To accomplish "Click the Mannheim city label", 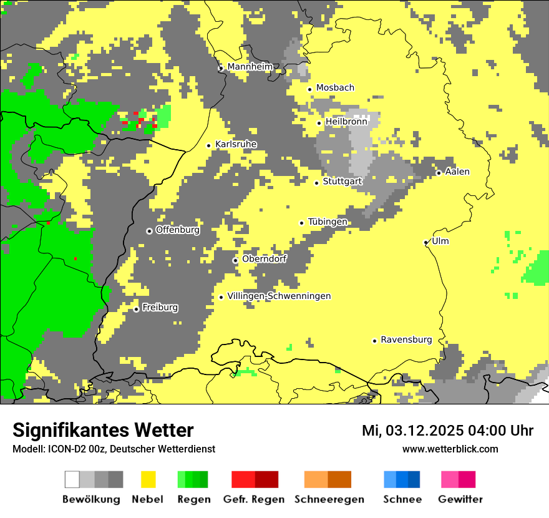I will (x=250, y=67).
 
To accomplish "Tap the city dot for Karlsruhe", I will (x=209, y=145).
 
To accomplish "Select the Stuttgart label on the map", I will (x=343, y=181).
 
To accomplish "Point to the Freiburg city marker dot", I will (x=136, y=309).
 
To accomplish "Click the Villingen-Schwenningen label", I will (x=279, y=296).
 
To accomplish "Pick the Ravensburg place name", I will (x=406, y=340).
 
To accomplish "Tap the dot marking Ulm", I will (x=426, y=242).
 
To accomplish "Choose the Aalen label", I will (x=457, y=172).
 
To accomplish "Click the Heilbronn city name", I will (x=346, y=122).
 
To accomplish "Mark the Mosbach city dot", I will (x=309, y=89).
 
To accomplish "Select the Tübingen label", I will (x=328, y=222).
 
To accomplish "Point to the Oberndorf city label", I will (x=265, y=258).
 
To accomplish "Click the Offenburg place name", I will (x=178, y=230).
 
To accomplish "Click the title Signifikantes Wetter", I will (x=103, y=430).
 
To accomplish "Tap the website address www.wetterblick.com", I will (x=450, y=449).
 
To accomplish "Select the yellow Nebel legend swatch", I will (x=148, y=479).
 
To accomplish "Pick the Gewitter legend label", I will (x=460, y=499).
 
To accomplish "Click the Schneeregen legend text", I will (x=329, y=499).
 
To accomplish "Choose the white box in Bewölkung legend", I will (x=72, y=479).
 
